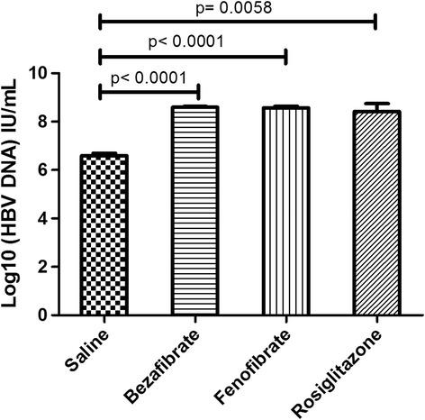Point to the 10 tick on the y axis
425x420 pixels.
pos(59,73)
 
